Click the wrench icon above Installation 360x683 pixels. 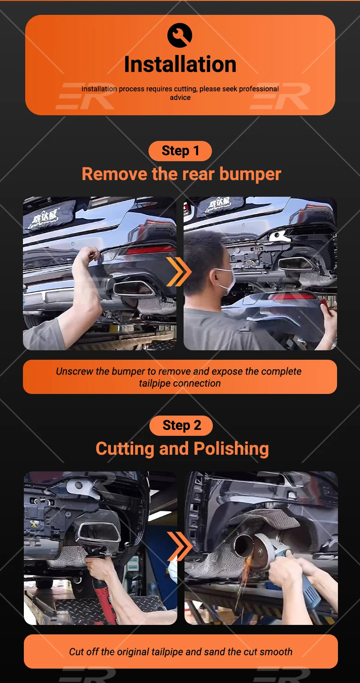[x=180, y=35]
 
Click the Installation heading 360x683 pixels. [x=180, y=64]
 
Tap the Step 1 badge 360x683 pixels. [x=180, y=151]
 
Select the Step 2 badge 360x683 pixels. [x=181, y=425]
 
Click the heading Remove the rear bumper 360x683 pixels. [x=181, y=174]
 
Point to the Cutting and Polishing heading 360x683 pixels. [x=182, y=449]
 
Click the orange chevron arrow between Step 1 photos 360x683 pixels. [x=178, y=271]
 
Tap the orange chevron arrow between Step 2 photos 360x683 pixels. [x=180, y=546]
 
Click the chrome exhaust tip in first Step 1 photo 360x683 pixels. [x=134, y=288]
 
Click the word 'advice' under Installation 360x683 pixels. [x=180, y=98]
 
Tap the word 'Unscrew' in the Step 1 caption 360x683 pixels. [x=74, y=371]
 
